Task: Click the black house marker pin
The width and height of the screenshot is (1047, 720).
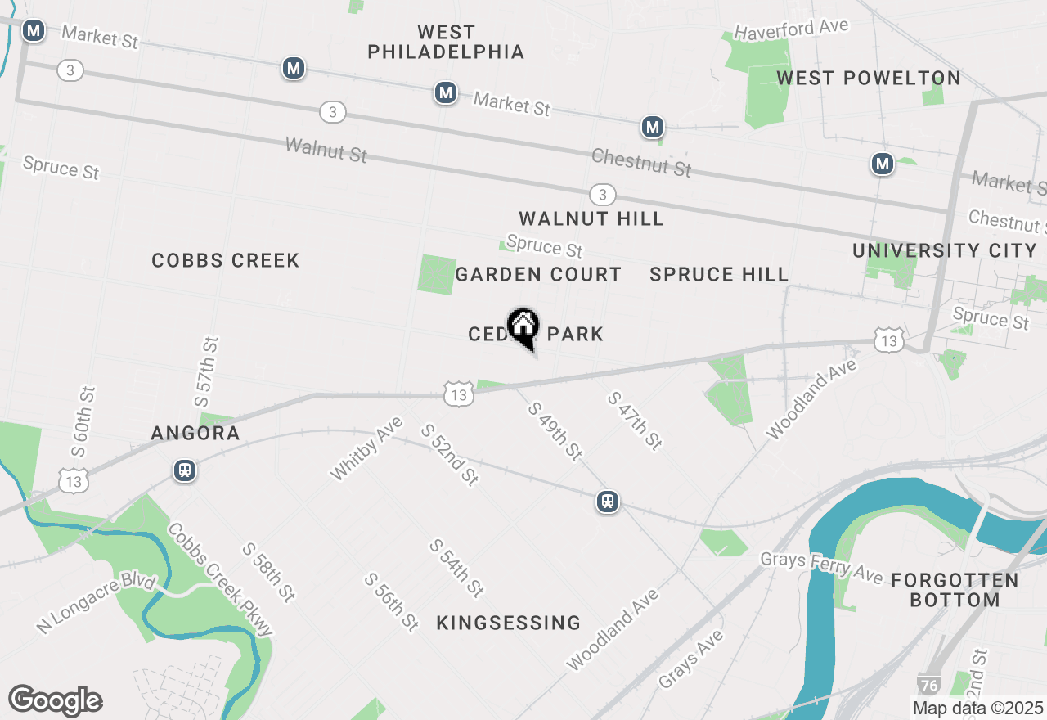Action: click(x=523, y=327)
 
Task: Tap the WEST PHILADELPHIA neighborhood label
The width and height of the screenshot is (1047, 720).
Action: click(x=446, y=42)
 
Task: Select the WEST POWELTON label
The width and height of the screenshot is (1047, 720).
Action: click(x=868, y=78)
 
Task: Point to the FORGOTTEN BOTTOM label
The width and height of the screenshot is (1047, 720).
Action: click(x=955, y=590)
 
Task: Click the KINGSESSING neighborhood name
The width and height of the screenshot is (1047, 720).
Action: click(x=508, y=623)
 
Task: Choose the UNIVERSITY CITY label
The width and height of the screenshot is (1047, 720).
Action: click(x=945, y=250)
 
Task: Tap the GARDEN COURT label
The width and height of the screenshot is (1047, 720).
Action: click(x=538, y=274)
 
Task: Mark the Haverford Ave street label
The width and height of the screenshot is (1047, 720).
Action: click(x=791, y=29)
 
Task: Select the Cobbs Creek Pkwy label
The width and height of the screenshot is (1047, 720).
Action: click(x=220, y=579)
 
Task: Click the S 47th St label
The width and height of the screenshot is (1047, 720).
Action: click(x=634, y=421)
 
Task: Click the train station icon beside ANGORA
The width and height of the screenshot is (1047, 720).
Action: click(x=185, y=470)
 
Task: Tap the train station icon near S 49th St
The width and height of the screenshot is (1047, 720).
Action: click(x=607, y=501)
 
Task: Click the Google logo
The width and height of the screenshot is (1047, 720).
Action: click(x=55, y=700)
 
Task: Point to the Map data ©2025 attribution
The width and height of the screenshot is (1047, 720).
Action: click(x=977, y=708)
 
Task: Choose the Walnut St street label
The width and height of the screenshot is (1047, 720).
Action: click(x=326, y=150)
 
